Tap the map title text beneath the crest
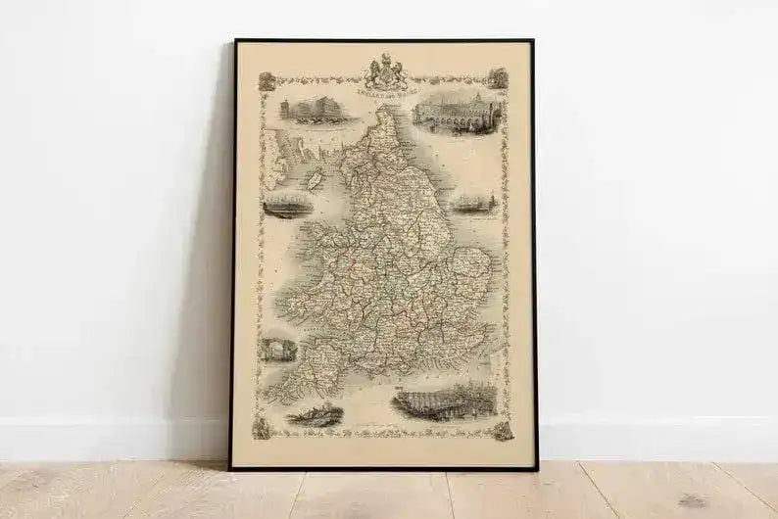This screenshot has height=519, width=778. [x=384, y=93]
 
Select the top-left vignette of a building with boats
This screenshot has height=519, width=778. [x=313, y=110]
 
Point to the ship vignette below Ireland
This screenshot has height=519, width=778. [x=288, y=204]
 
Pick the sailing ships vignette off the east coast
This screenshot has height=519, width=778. [x=474, y=203]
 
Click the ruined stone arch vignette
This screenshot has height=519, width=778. [x=277, y=350]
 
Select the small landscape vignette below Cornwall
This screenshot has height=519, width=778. [x=316, y=415]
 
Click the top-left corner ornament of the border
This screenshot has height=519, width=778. [x=267, y=81]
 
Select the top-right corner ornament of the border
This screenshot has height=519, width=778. [x=498, y=78]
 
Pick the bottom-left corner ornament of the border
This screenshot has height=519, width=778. [x=263, y=429]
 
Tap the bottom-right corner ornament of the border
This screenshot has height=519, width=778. [x=503, y=431]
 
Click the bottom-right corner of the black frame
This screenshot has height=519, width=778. [x=535, y=469]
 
